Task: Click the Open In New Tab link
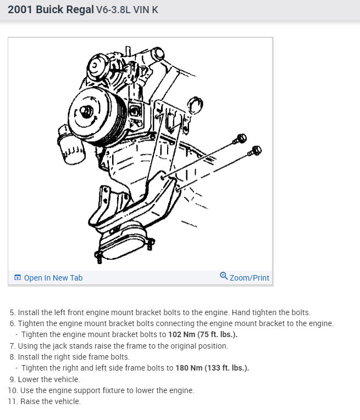tap(53, 278)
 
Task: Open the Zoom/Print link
tap(249, 278)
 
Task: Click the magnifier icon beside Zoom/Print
tap(223, 276)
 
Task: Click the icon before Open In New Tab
tap(18, 278)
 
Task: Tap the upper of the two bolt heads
tap(240, 138)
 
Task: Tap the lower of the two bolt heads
tap(256, 150)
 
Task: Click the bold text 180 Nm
tap(189, 368)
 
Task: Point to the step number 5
tap(12, 312)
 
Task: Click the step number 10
tap(12, 390)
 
